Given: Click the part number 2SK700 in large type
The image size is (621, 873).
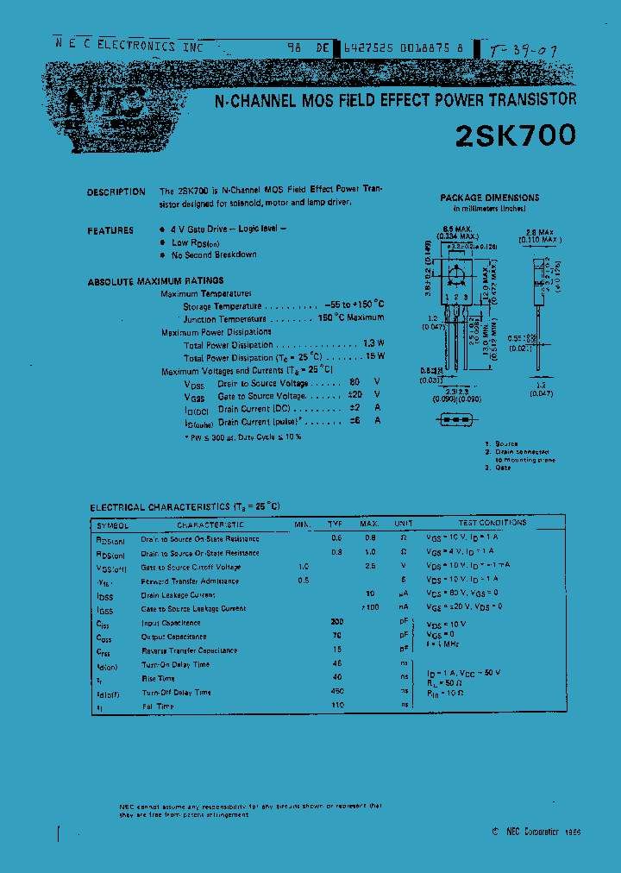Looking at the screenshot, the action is [514, 135].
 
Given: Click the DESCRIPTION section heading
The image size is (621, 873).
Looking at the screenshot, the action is [116, 192].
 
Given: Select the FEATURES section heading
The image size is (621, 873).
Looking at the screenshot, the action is [110, 231].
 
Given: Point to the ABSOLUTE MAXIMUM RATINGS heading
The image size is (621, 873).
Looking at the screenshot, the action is [155, 281].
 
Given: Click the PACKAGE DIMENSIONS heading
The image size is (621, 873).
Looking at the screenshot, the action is [489, 198].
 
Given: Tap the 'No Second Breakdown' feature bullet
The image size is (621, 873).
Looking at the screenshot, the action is [214, 254].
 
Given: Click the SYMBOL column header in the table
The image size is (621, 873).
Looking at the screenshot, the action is [112, 524].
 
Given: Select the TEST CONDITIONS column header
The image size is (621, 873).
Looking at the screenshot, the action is [492, 523].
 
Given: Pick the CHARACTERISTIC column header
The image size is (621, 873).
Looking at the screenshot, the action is [210, 524].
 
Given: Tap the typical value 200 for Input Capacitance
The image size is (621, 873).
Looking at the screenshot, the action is [336, 622].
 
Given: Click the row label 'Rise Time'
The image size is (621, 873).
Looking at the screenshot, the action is [158, 678].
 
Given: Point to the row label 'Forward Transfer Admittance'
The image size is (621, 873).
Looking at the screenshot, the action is [191, 581].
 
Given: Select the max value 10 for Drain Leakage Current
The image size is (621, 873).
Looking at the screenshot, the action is [369, 594].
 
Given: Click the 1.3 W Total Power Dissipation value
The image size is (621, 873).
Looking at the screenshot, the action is [373, 343].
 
